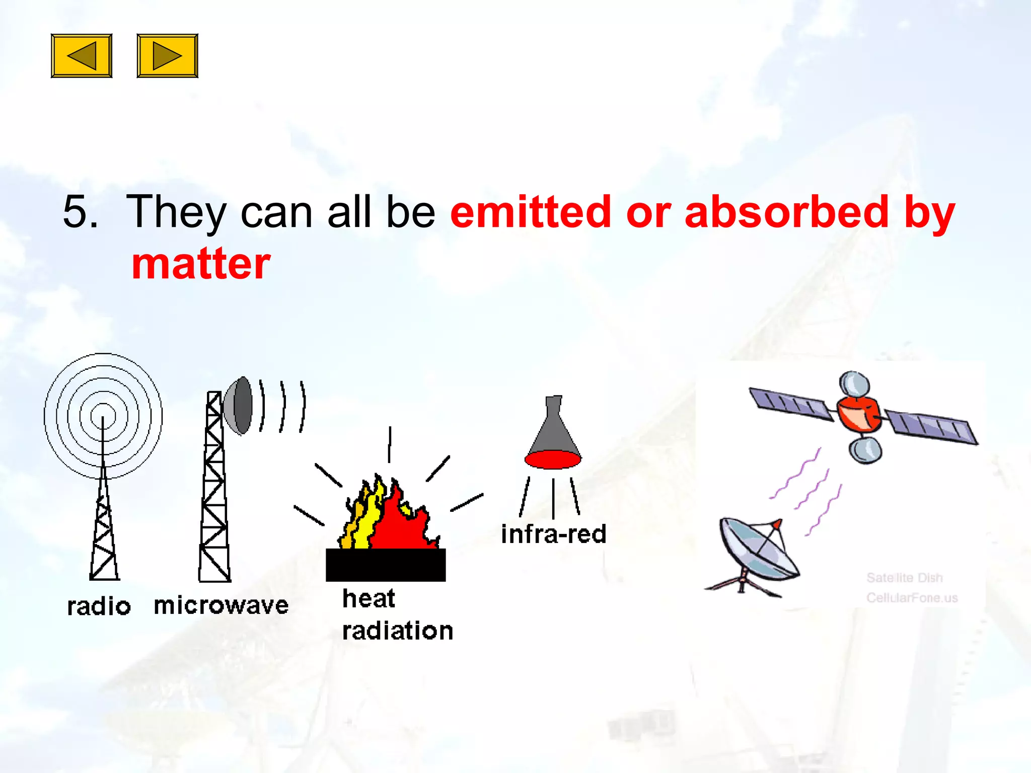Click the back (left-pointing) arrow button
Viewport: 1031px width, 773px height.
tap(82, 56)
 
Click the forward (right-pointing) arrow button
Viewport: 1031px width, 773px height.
tap(167, 56)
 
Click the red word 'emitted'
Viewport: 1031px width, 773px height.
tap(530, 211)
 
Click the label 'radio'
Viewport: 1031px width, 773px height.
tap(99, 606)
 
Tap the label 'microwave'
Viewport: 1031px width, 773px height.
tap(221, 605)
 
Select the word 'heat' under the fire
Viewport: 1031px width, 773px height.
tap(369, 598)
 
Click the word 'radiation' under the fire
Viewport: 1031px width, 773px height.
tap(398, 631)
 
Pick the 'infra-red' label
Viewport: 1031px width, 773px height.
tap(553, 534)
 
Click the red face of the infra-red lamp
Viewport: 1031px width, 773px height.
tap(553, 459)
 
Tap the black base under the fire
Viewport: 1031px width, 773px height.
tap(386, 565)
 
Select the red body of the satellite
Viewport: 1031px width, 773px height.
tap(859, 414)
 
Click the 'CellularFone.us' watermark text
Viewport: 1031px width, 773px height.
tap(912, 598)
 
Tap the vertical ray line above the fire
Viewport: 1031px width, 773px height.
tap(389, 444)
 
